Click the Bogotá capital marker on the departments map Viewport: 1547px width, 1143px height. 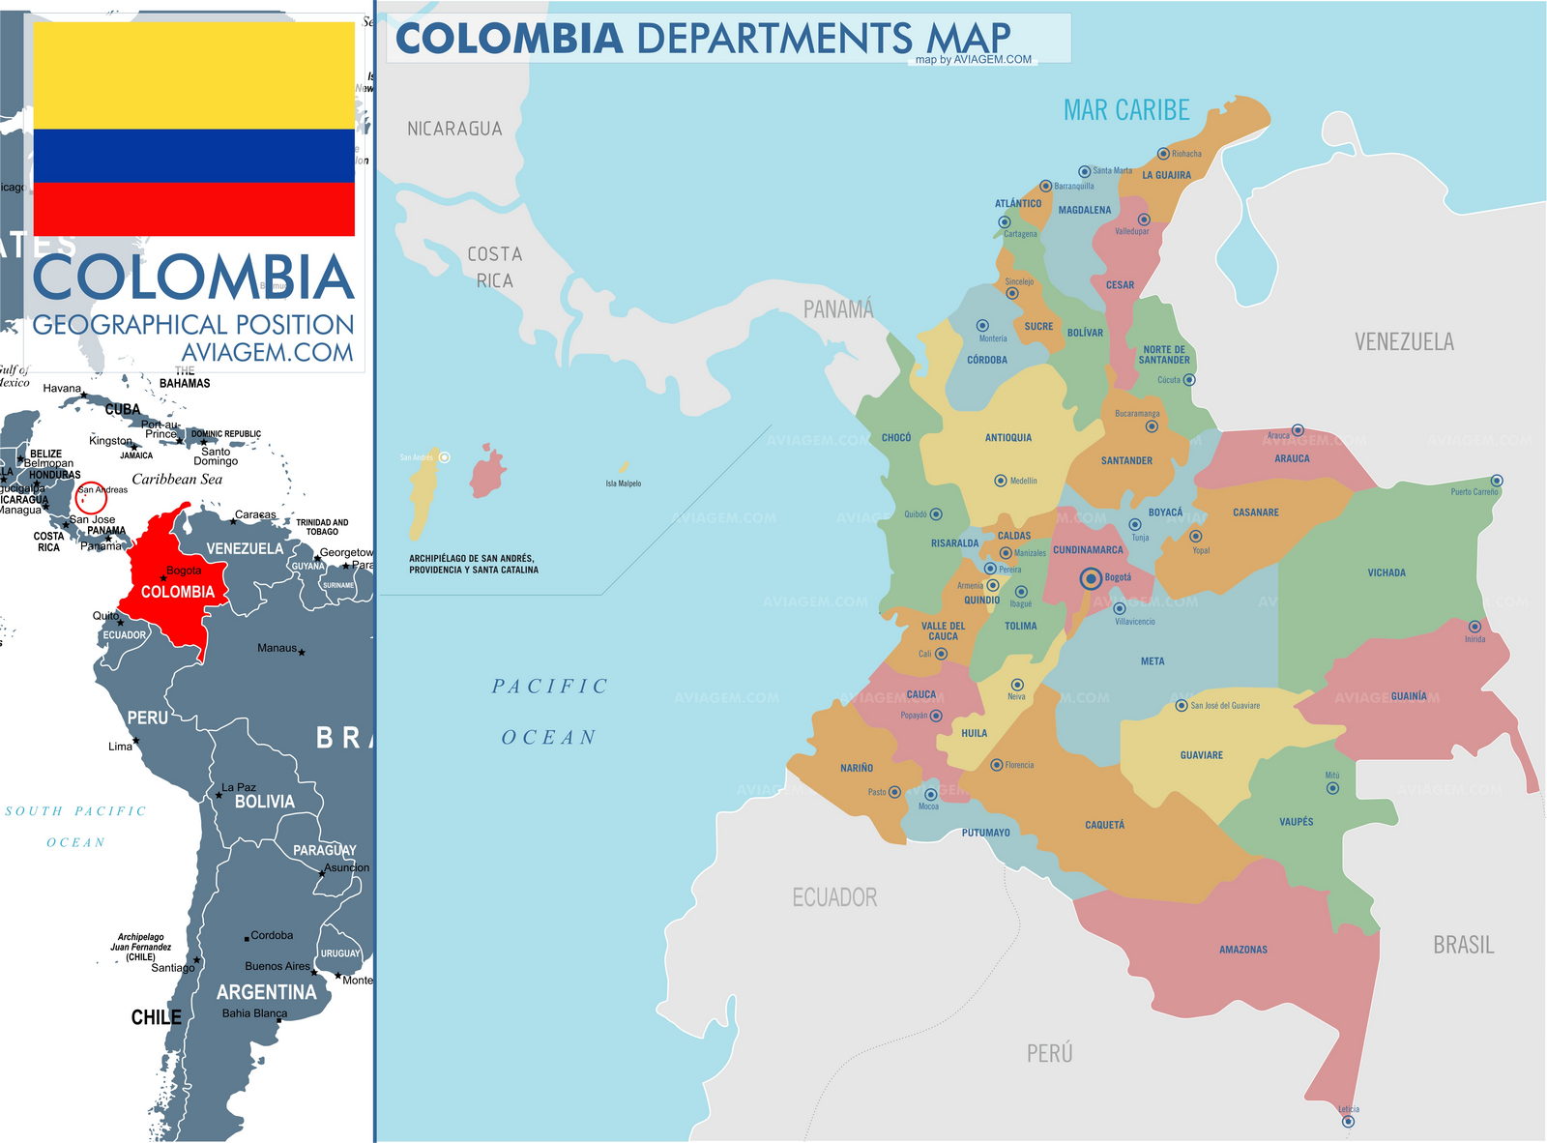tap(1091, 578)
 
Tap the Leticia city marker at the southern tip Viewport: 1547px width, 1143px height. tap(1348, 1122)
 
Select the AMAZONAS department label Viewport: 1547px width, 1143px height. tap(1242, 950)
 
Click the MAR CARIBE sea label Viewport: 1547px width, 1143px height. tap(1126, 110)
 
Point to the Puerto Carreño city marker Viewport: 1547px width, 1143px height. tap(1496, 481)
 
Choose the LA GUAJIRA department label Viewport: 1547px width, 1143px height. tap(1166, 175)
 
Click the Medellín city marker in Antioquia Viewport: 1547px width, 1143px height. tap(1001, 481)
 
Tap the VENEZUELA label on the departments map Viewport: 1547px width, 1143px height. tap(1403, 341)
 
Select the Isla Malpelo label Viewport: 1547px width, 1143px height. tap(623, 484)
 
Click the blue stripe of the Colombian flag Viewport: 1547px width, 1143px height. tap(193, 156)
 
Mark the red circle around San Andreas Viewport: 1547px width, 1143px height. tap(91, 497)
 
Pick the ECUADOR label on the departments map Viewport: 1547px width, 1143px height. tap(834, 897)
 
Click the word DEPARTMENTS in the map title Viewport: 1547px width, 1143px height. tap(773, 39)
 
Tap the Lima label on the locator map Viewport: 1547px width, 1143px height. tap(120, 747)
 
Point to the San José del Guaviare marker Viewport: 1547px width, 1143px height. tap(1181, 706)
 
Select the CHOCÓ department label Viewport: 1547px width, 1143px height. tap(895, 438)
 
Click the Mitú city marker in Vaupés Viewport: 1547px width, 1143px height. tap(1332, 788)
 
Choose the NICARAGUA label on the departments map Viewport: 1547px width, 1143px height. tap(454, 129)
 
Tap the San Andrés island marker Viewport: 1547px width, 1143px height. tap(444, 456)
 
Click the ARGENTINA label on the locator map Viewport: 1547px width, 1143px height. tap(266, 992)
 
